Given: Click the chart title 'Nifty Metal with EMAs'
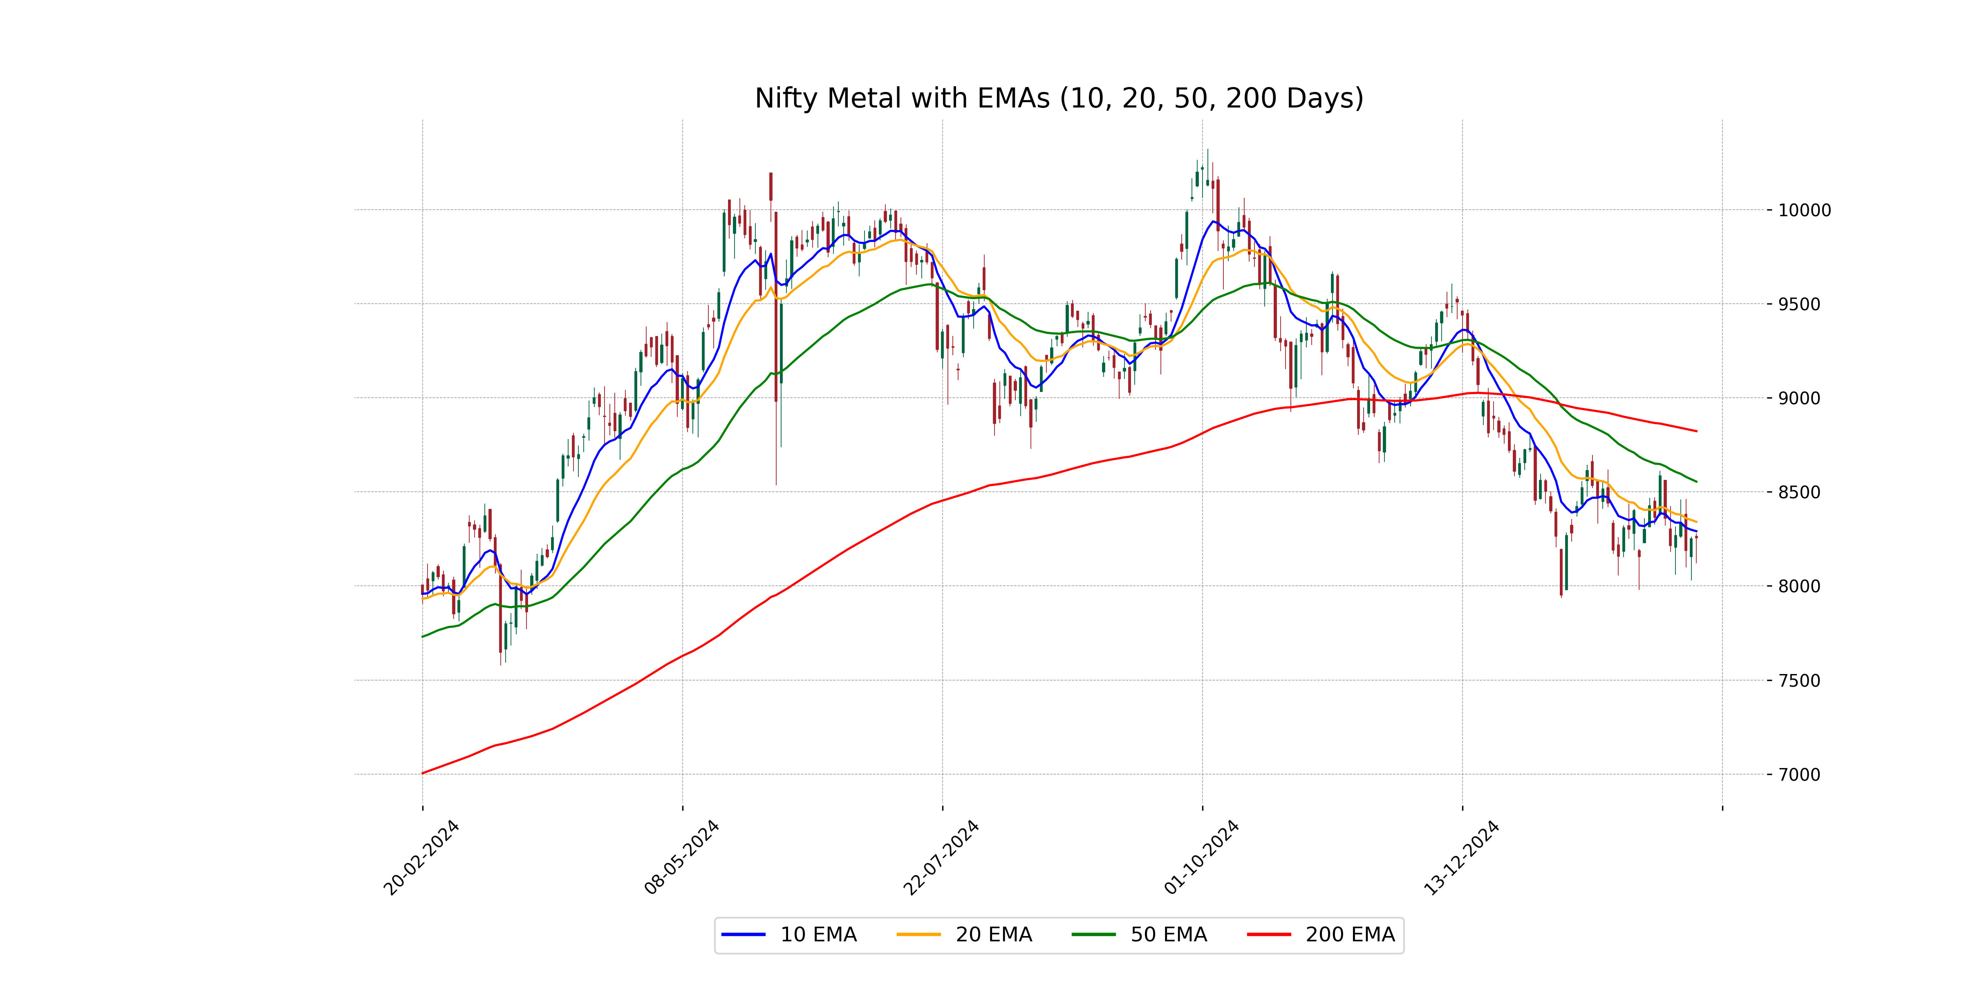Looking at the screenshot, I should pyautogui.click(x=1059, y=98).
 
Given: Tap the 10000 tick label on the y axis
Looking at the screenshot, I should pyautogui.click(x=1803, y=210).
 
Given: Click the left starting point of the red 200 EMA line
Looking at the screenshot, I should pyautogui.click(x=423, y=773).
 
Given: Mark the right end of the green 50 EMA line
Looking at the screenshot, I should pyautogui.click(x=1696, y=482).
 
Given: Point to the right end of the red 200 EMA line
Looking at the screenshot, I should pyautogui.click(x=1696, y=431).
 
